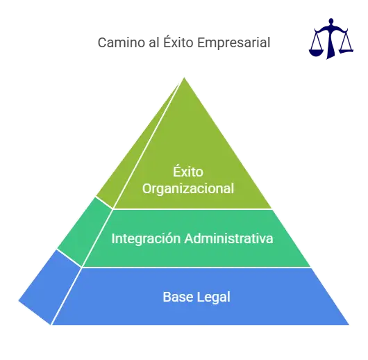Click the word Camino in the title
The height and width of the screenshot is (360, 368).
pyautogui.click(x=122, y=43)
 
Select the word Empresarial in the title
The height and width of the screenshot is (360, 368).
pyautogui.click(x=233, y=43)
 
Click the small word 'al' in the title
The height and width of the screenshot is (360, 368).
pyautogui.click(x=154, y=42)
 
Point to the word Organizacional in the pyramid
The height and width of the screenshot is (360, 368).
pyautogui.click(x=188, y=189)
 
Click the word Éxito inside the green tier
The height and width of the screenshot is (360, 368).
pyautogui.click(x=188, y=171)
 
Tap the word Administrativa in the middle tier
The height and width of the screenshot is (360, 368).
pyautogui.click(x=229, y=238)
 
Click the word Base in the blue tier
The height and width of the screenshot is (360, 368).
pyautogui.click(x=178, y=297)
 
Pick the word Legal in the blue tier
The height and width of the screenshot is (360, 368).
pyautogui.click(x=214, y=297)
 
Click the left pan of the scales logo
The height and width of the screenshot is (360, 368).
pyautogui.click(x=317, y=52)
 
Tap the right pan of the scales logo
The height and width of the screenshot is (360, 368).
pyautogui.click(x=346, y=50)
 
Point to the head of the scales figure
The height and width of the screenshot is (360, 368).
pyautogui.click(x=331, y=21)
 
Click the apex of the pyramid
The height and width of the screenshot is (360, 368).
pyautogui.click(x=184, y=77)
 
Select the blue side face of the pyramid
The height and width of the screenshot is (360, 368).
pyautogui.click(x=50, y=288)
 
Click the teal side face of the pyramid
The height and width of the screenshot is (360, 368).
pyautogui.click(x=85, y=232)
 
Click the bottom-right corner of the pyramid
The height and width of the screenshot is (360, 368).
pyautogui.click(x=349, y=325)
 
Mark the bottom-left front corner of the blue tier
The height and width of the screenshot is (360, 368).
pyautogui.click(x=52, y=325)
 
